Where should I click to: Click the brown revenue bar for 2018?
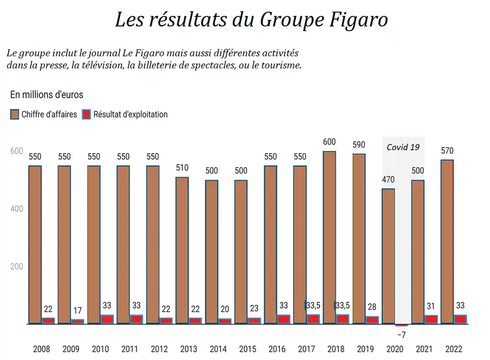tap(329, 237)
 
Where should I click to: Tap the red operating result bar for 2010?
tap(107, 319)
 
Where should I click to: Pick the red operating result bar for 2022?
tap(460, 319)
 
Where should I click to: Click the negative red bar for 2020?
tap(402, 325)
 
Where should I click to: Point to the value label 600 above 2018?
tap(329, 142)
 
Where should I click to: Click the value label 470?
tap(388, 180)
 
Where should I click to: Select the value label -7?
tap(401, 334)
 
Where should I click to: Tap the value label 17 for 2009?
tap(78, 311)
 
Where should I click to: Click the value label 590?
tap(359, 145)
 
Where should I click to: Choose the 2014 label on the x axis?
tap(218, 350)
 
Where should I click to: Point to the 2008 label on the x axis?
tap(41, 350)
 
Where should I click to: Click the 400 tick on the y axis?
tap(16, 209)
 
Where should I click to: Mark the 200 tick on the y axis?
tap(16, 267)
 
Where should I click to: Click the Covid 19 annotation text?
tap(403, 147)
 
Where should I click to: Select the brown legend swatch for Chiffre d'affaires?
tap(14, 114)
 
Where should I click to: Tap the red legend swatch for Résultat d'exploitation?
tap(86, 114)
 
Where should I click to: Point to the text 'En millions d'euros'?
tap(46, 94)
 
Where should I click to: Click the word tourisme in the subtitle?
tap(280, 65)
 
